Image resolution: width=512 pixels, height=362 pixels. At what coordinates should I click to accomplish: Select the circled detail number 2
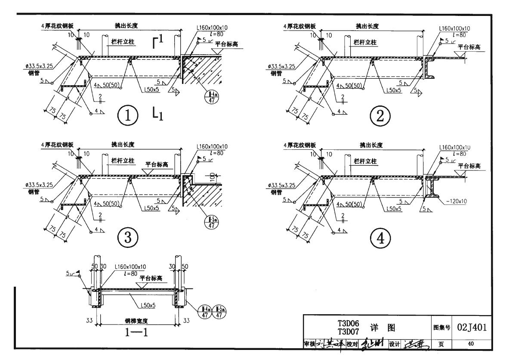[x=380, y=116]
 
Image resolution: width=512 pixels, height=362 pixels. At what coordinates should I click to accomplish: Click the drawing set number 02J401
[x=472, y=327]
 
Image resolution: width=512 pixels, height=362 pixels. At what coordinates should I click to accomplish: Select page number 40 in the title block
[x=472, y=343]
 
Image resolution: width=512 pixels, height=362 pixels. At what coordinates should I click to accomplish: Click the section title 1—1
[x=137, y=331]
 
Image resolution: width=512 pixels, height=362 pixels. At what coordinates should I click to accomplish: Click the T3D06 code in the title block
[x=349, y=324]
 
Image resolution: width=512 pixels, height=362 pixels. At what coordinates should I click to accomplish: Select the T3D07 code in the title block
[x=349, y=331]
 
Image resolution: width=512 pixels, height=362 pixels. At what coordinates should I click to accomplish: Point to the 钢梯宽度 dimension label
[x=136, y=321]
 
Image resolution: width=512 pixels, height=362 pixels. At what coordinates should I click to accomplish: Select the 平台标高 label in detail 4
[x=469, y=166]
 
